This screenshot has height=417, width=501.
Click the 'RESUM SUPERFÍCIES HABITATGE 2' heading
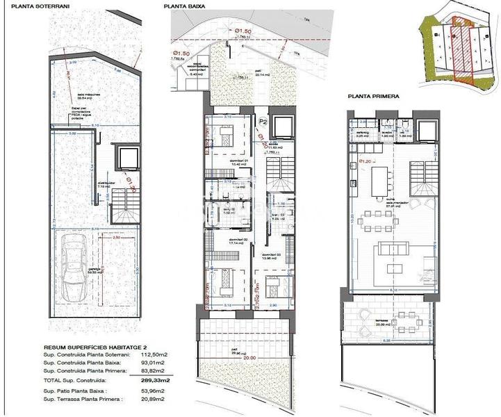point(91,344)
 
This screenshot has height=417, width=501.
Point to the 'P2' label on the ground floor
point(263,121)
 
